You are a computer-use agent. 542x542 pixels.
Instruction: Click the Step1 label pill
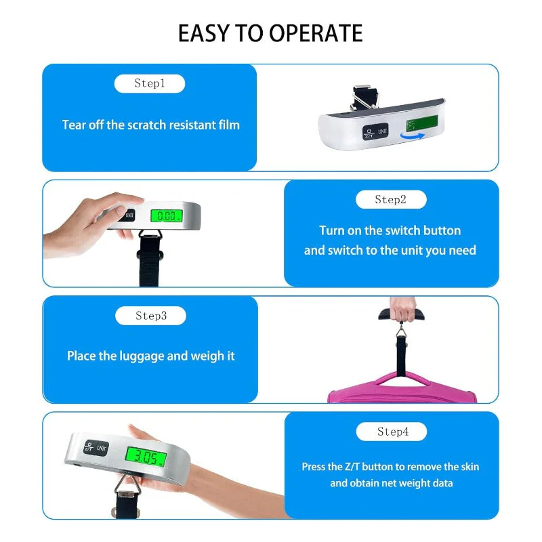click(x=150, y=83)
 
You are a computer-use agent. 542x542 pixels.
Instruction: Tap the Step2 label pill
click(x=391, y=199)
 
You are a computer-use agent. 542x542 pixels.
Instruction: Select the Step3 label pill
click(x=150, y=316)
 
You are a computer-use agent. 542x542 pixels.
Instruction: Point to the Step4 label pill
click(x=392, y=432)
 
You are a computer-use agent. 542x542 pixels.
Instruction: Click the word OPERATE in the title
click(x=316, y=33)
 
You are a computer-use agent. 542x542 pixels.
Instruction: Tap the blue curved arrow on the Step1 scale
click(x=413, y=136)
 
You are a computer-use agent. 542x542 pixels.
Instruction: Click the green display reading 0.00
click(x=167, y=215)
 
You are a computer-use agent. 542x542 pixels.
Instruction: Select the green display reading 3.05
click(x=146, y=457)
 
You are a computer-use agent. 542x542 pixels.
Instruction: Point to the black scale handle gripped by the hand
click(x=402, y=314)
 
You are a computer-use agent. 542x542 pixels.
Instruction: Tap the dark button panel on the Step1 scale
click(x=375, y=131)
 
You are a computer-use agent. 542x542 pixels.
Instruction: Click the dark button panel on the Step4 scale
click(x=96, y=448)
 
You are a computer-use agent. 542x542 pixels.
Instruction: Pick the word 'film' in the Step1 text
click(x=229, y=125)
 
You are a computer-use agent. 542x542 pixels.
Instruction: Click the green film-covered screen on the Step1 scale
click(x=422, y=123)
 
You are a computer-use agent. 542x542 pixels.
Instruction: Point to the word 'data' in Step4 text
click(x=442, y=483)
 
